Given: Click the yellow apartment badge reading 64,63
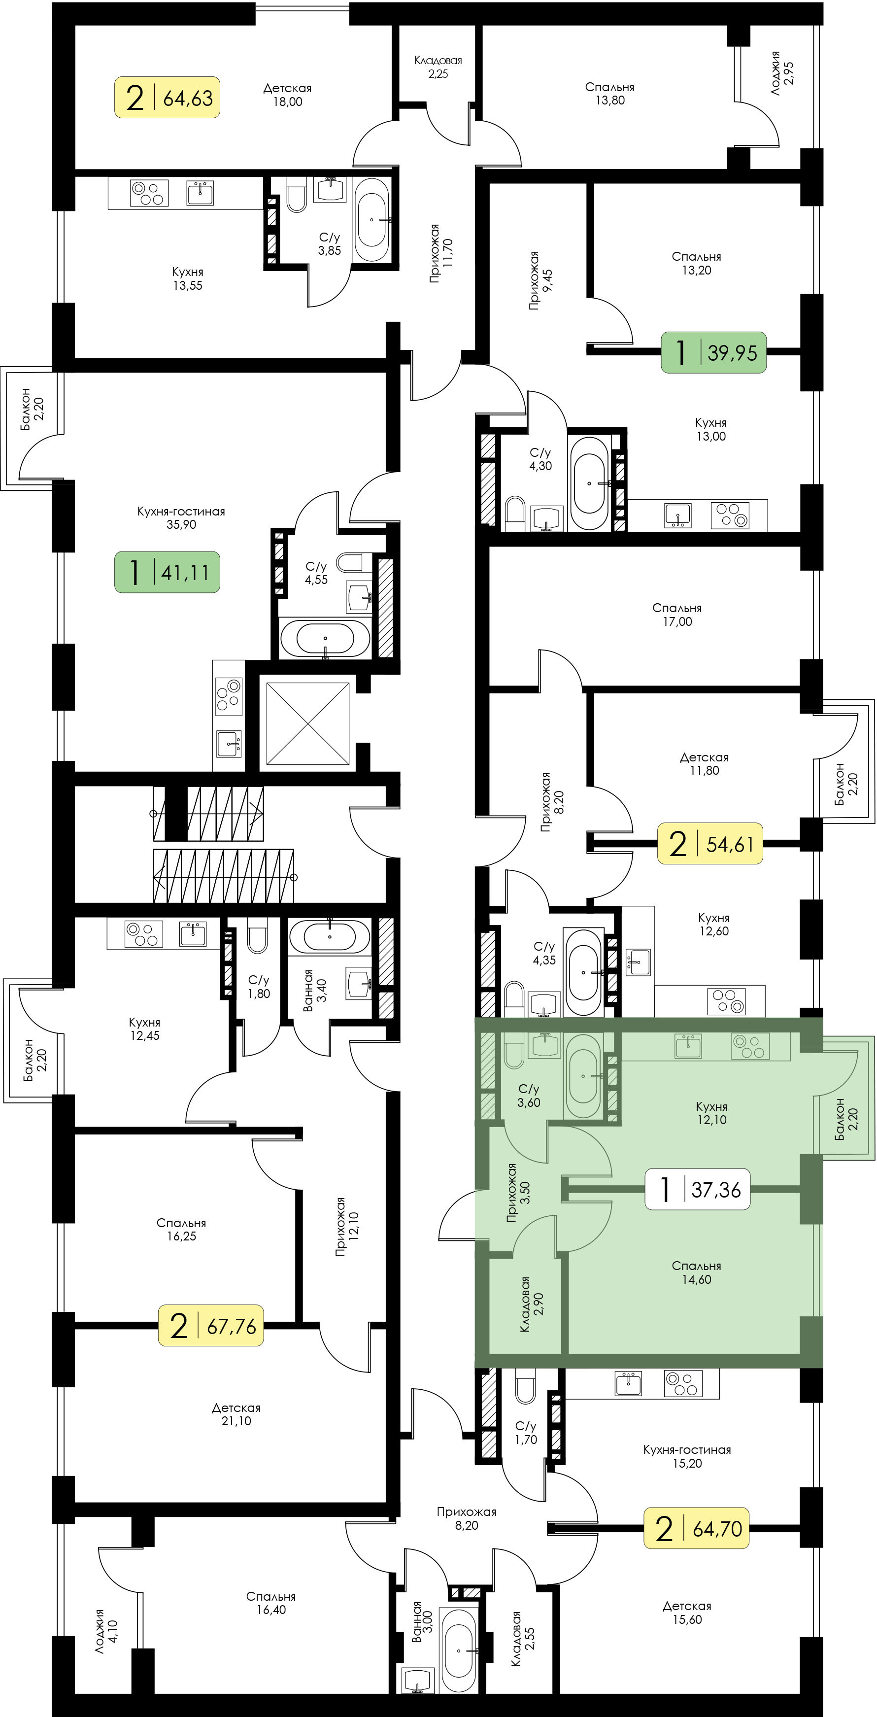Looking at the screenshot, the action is point(167,97).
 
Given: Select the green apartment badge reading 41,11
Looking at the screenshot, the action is point(167,572).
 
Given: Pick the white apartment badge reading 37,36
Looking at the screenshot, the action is point(698,1188).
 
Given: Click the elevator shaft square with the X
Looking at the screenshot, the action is point(308,723).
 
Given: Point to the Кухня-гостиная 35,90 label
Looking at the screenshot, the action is point(181,518).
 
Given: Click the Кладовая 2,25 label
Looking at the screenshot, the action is point(438,67).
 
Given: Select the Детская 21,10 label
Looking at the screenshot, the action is point(236,1414).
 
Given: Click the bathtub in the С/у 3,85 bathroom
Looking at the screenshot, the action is point(371,219).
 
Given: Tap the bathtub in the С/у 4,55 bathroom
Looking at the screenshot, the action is point(325,639).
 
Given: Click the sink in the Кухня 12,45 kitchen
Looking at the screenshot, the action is point(193,934).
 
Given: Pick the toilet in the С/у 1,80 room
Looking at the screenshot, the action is point(258,935).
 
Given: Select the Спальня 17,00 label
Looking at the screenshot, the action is point(677,615).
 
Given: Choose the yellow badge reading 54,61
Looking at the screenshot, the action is point(710,843).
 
